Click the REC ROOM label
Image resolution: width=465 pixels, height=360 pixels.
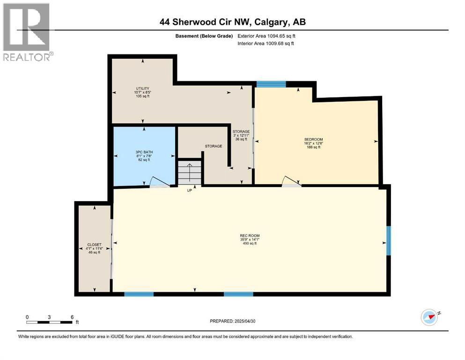tap(250, 235)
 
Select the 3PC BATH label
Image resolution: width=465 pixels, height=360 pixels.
tap(144, 152)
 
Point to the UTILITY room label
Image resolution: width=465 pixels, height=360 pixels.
tap(143, 88)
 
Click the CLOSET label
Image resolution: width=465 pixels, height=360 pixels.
tap(94, 245)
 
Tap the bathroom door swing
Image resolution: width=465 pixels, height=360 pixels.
tap(155, 182)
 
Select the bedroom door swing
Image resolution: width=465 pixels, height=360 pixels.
tap(289, 181)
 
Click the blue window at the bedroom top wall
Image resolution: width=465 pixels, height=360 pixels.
tap(271, 84)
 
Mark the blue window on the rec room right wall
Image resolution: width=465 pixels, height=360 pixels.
tap(388, 240)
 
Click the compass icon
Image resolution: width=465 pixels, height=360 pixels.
tap(430, 317)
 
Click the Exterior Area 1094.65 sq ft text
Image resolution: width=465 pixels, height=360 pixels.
tap(266, 36)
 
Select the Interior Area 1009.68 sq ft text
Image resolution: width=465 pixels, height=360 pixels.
tap(266, 44)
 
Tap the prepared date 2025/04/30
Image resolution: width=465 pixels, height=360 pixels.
tap(245, 321)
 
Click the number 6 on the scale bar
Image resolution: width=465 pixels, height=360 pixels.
tap(72, 317)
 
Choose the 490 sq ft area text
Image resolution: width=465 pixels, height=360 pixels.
tap(250, 244)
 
